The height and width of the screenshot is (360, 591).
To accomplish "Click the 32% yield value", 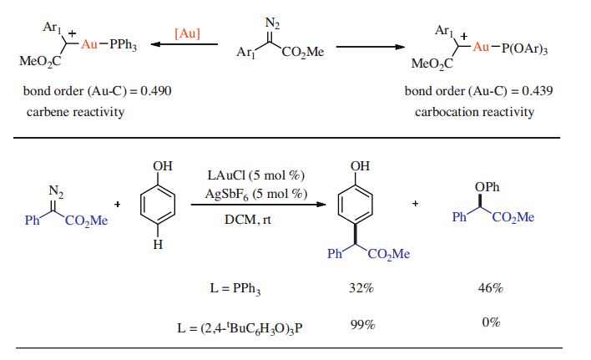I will pyautogui.click(x=361, y=288).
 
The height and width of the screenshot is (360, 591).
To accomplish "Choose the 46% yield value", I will pyautogui.click(x=489, y=288).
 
